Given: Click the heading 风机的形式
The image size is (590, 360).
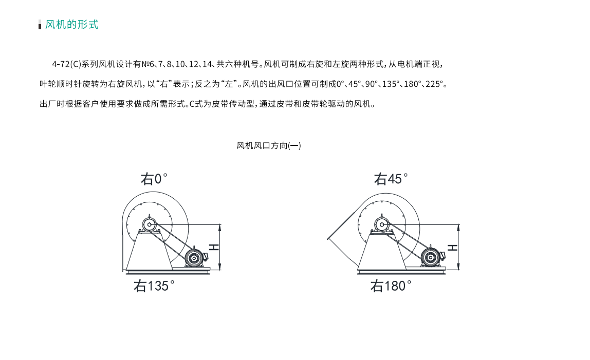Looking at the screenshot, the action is (x=71, y=25).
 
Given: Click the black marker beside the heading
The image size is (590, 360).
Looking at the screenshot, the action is (x=40, y=26).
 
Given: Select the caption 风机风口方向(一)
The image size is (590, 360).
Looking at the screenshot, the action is (x=269, y=145).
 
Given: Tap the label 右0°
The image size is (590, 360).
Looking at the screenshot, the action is (x=154, y=179).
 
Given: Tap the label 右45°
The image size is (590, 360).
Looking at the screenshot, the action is (x=391, y=179).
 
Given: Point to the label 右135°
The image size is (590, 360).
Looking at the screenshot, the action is (x=154, y=286).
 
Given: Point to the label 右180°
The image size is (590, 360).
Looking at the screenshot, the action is (x=391, y=286).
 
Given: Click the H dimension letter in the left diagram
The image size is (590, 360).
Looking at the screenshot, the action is (x=214, y=247).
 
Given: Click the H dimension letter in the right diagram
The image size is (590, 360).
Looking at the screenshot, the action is (x=453, y=247).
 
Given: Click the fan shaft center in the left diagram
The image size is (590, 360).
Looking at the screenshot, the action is (x=150, y=225).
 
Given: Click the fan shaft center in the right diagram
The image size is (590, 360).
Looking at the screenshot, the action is (x=382, y=225).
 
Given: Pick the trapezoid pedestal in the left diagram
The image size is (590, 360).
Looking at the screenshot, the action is (x=150, y=251).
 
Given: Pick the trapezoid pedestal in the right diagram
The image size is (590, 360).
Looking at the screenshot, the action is (x=382, y=251).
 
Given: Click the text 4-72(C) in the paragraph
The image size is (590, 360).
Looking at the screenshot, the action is (x=67, y=64).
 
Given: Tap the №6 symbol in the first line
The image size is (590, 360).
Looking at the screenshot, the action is (x=148, y=64).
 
